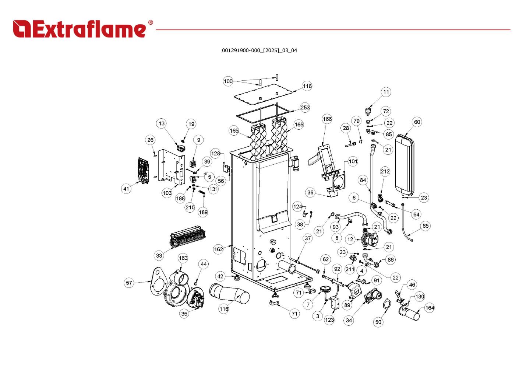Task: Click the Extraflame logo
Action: pyautogui.click(x=83, y=29)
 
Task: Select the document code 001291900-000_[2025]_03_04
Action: pyautogui.click(x=259, y=50)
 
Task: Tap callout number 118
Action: pyautogui.click(x=307, y=86)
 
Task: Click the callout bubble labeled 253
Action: pyautogui.click(x=305, y=108)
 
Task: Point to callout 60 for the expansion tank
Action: pyautogui.click(x=417, y=122)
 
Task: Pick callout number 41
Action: pyautogui.click(x=126, y=189)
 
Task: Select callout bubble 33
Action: pyautogui.click(x=159, y=255)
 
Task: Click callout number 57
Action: pyautogui.click(x=129, y=283)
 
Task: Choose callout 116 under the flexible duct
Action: pyautogui.click(x=224, y=309)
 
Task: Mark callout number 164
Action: pyautogui.click(x=429, y=308)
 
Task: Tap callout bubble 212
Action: pyautogui.click(x=385, y=171)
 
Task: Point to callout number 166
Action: pyautogui.click(x=327, y=119)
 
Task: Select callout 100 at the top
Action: pyautogui.click(x=228, y=81)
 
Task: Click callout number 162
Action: pyautogui.click(x=218, y=249)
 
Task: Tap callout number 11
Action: pyautogui.click(x=386, y=92)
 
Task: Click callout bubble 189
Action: pyautogui.click(x=203, y=212)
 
